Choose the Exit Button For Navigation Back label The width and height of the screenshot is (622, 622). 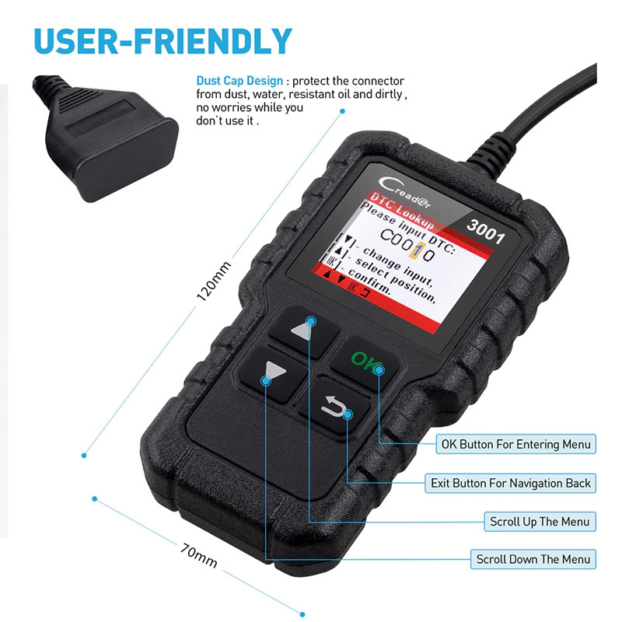(510, 483)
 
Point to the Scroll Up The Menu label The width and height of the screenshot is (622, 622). (539, 521)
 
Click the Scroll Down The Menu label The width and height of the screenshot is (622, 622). (533, 559)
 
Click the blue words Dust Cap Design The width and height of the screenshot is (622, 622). (239, 81)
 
